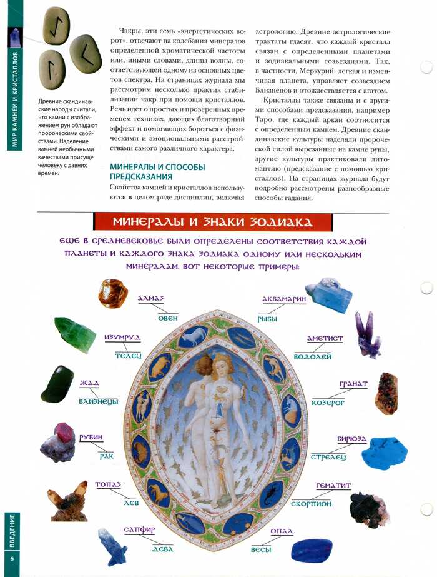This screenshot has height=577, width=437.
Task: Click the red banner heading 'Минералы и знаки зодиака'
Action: click(212, 223)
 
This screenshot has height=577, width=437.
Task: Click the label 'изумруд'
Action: click(122, 338)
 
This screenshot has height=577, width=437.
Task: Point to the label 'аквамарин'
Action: click(284, 299)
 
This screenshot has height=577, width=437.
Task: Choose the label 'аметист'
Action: click(325, 338)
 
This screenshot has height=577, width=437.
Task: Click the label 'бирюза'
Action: click(351, 439)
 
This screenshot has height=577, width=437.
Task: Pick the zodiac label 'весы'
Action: click(260, 549)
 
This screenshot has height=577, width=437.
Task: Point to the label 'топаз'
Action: click(107, 484)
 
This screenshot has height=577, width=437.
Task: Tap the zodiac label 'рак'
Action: click(107, 456)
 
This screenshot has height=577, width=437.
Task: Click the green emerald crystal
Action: click(75, 334)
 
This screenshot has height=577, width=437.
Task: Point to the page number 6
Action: click(11, 557)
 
